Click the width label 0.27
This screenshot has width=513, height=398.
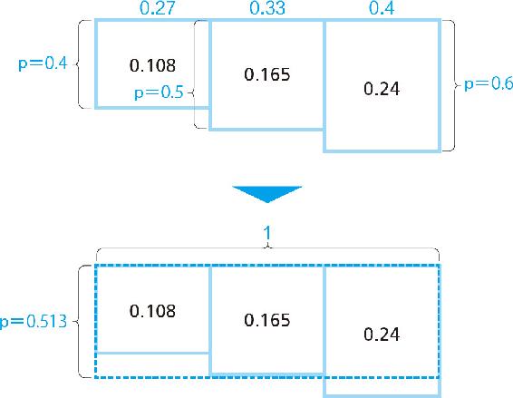[158, 8]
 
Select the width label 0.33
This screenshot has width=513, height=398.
[267, 8]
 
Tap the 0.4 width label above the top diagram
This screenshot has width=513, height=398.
[382, 8]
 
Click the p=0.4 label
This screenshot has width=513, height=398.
[44, 63]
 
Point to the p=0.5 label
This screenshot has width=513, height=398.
[159, 92]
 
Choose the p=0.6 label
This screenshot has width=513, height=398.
[489, 84]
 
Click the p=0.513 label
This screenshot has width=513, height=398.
[34, 322]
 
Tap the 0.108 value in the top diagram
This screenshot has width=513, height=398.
[152, 65]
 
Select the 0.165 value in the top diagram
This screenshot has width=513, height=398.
[267, 74]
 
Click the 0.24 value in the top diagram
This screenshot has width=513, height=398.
[382, 89]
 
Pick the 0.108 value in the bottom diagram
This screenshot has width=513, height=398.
[152, 311]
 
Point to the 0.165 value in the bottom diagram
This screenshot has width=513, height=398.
[267, 320]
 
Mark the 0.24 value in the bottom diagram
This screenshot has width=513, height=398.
[382, 335]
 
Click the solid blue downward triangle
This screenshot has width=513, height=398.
[267, 193]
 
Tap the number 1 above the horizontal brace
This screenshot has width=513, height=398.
[267, 233]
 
